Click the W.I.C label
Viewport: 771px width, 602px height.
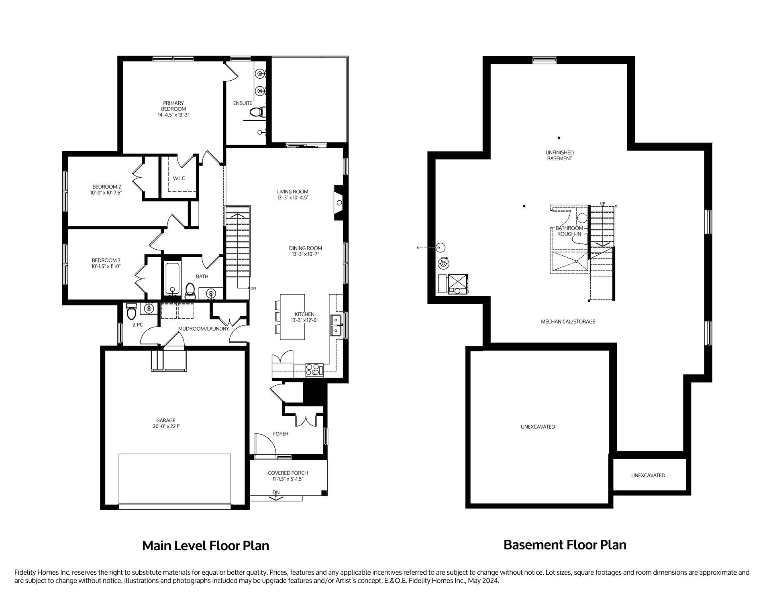(x=179, y=178)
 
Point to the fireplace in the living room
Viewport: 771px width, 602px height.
(x=339, y=202)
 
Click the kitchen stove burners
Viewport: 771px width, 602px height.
(x=314, y=369)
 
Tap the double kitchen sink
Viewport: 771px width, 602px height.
(x=336, y=325)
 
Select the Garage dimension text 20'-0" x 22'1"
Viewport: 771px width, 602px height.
(x=166, y=427)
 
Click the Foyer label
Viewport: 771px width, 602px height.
(x=281, y=434)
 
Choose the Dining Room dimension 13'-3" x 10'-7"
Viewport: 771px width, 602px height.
(x=305, y=254)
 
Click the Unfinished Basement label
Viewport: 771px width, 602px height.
(x=559, y=155)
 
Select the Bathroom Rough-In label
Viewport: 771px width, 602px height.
(x=569, y=231)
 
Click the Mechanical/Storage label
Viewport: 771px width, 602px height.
(x=568, y=321)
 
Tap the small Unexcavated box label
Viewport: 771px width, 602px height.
(x=648, y=475)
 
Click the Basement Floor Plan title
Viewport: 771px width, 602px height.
(x=565, y=545)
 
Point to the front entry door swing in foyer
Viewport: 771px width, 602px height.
(x=265, y=445)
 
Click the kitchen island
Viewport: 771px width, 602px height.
(x=292, y=317)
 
